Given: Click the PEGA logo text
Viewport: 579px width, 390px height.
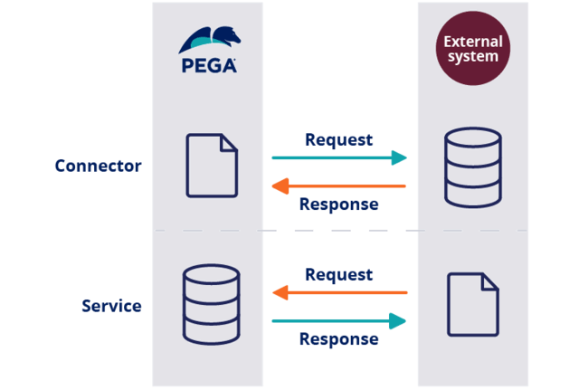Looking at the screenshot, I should (x=208, y=65).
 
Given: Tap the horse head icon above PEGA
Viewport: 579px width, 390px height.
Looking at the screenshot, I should (x=208, y=41).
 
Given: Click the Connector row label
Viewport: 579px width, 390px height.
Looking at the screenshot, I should (x=98, y=166).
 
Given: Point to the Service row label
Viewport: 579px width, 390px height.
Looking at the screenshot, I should (x=111, y=306).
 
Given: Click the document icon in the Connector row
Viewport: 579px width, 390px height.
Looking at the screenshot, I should (x=212, y=166).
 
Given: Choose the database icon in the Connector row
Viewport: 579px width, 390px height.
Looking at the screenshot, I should (x=472, y=167).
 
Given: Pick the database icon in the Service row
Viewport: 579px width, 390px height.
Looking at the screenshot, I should (x=211, y=304).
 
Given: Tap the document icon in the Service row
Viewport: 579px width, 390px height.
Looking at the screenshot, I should (x=473, y=305).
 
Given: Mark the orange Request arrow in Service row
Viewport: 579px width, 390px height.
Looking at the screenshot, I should (x=339, y=292).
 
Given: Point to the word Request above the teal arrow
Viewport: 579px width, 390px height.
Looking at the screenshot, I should (x=339, y=140).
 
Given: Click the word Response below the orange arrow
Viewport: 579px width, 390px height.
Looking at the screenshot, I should (x=339, y=205).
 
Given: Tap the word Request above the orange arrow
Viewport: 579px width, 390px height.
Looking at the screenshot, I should (x=339, y=274).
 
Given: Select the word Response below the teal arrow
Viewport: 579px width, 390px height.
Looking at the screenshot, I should (x=339, y=339).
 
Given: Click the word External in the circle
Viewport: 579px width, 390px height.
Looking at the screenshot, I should (x=472, y=41).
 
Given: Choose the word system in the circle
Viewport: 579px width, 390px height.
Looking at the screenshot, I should (x=472, y=58).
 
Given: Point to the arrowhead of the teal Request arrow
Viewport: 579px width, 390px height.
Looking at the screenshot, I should (x=399, y=158).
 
